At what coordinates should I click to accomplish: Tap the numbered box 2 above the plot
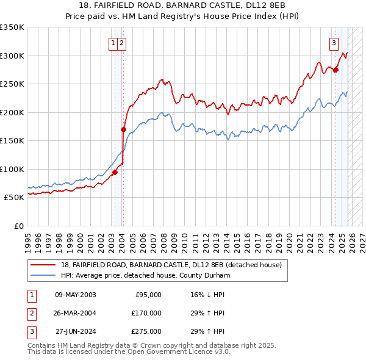pos(123,43)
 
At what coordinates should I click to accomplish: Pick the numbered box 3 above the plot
pos(334,43)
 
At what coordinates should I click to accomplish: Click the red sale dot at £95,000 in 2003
pos(115,172)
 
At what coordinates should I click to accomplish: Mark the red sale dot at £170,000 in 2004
pos(123,129)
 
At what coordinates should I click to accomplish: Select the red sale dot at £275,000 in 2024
pos(335,70)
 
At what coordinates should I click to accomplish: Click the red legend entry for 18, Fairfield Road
pos(171,265)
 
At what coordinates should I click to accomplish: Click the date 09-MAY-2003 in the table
pos(75,295)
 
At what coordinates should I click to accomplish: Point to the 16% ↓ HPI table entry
pos(207,295)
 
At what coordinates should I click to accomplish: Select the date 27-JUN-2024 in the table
pos(75,331)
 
